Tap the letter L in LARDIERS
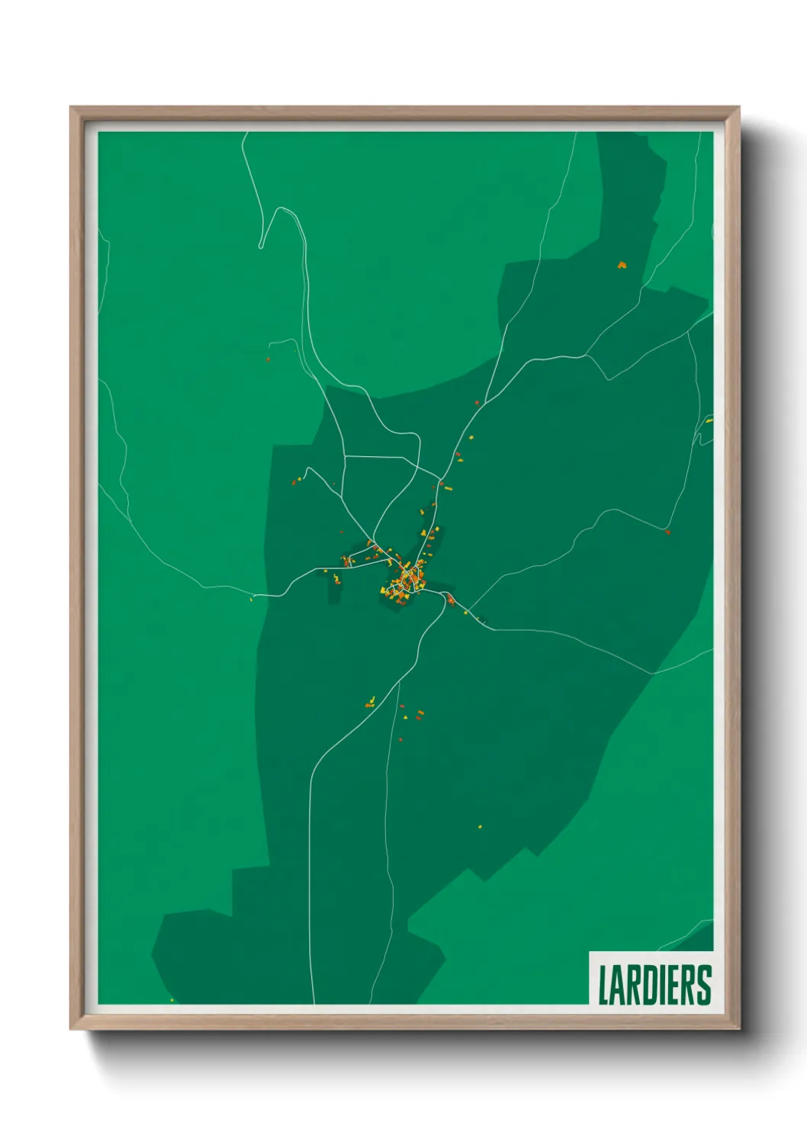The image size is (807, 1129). coord(603,985)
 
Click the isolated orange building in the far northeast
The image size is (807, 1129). coord(622,265)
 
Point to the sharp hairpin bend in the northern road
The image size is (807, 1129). coord(262,246)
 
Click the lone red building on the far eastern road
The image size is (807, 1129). coord(667,532)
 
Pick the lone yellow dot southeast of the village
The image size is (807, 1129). coord(480,826)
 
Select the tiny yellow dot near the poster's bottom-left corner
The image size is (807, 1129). coord(172,1000)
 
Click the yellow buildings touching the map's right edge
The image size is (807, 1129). coord(709,420)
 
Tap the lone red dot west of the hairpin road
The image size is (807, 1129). coord(268,359)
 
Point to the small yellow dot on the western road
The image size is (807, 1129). coord(251,600)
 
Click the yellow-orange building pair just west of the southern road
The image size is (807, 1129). coord(371,701)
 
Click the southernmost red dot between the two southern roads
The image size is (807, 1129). coord(400,739)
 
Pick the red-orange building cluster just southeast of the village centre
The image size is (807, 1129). coord(451,600)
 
